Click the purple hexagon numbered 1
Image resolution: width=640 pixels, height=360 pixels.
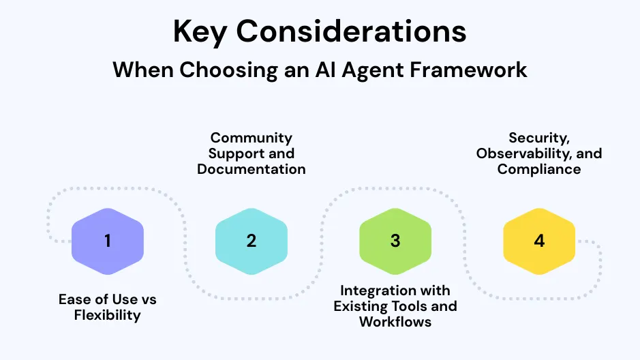[x=108, y=241]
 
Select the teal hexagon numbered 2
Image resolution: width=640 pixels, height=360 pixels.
[x=252, y=241]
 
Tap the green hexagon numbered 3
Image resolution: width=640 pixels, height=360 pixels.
[x=395, y=241]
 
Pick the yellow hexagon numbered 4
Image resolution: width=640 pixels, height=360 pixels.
[x=539, y=241]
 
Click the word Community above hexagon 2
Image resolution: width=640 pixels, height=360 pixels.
[x=252, y=138]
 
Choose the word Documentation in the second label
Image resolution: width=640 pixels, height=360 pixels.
[x=252, y=169]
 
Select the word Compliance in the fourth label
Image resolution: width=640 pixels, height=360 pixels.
[x=539, y=169]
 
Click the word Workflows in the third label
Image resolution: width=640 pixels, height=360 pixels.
[x=395, y=321]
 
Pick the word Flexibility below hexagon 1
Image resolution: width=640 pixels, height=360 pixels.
[x=108, y=315]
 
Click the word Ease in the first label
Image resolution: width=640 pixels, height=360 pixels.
[x=73, y=300]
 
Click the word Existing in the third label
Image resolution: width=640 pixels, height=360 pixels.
[x=362, y=306]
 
